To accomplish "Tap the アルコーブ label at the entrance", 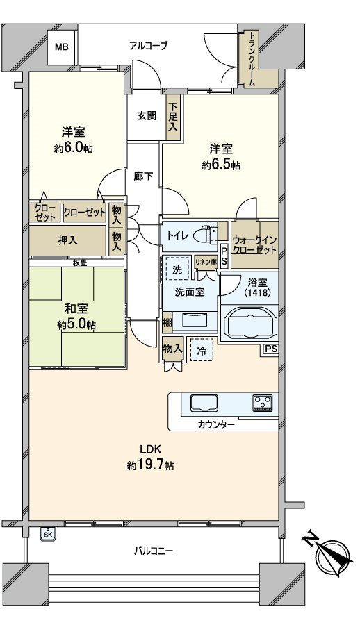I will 149,47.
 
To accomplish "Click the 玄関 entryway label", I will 146,115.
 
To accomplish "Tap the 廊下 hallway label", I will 143,176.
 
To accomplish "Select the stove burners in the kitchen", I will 263,403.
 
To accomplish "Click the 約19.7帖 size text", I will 150,465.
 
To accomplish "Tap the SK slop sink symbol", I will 48,533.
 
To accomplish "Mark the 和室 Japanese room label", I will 77,310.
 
